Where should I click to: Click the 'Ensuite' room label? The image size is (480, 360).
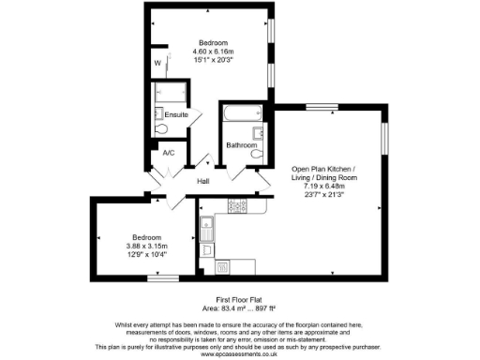176,114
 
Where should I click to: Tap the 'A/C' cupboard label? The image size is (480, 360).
169,152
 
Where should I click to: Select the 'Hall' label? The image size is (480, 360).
203,180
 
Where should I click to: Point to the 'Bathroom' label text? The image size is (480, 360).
242,144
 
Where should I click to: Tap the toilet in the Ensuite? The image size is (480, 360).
160,127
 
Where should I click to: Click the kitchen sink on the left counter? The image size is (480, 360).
207,225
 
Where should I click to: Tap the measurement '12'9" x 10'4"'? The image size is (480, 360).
145,254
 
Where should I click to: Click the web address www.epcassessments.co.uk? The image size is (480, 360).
239,354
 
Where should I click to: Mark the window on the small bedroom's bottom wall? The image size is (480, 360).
162,278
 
